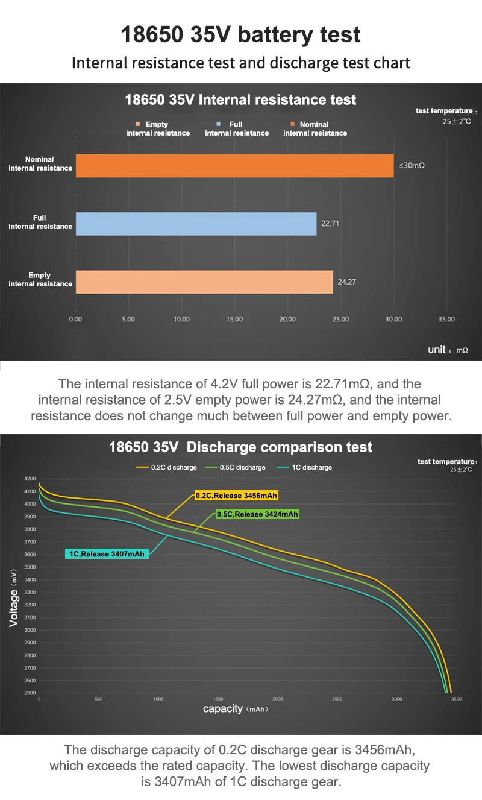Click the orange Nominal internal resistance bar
[x=234, y=165]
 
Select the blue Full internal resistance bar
[x=196, y=223]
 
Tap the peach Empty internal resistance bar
[x=204, y=282]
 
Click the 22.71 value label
[x=330, y=223]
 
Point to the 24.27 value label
[x=346, y=282]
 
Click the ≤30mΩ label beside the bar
[x=412, y=165]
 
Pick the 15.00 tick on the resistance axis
[x=234, y=319]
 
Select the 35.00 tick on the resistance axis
[x=446, y=319]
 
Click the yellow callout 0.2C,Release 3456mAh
[x=237, y=496]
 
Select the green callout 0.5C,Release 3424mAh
[x=257, y=514]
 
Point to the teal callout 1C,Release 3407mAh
[x=107, y=553]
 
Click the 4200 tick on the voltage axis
[x=30, y=478]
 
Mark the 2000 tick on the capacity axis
[x=277, y=699]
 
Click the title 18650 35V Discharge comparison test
[x=240, y=447]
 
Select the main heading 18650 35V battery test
[x=240, y=34]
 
